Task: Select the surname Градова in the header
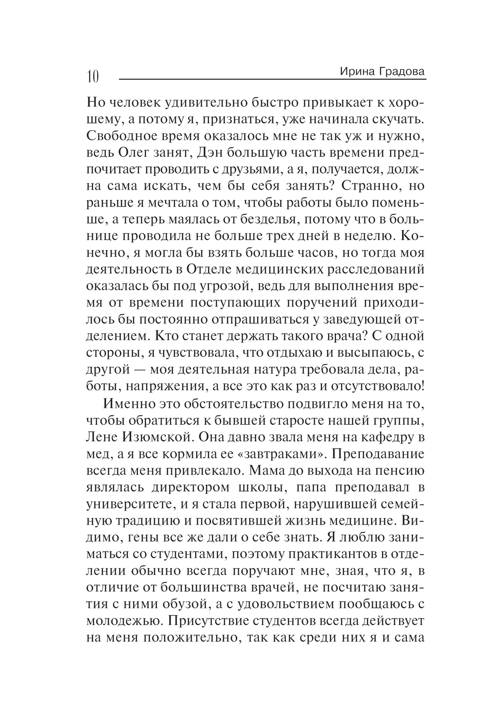[x=401, y=72]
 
